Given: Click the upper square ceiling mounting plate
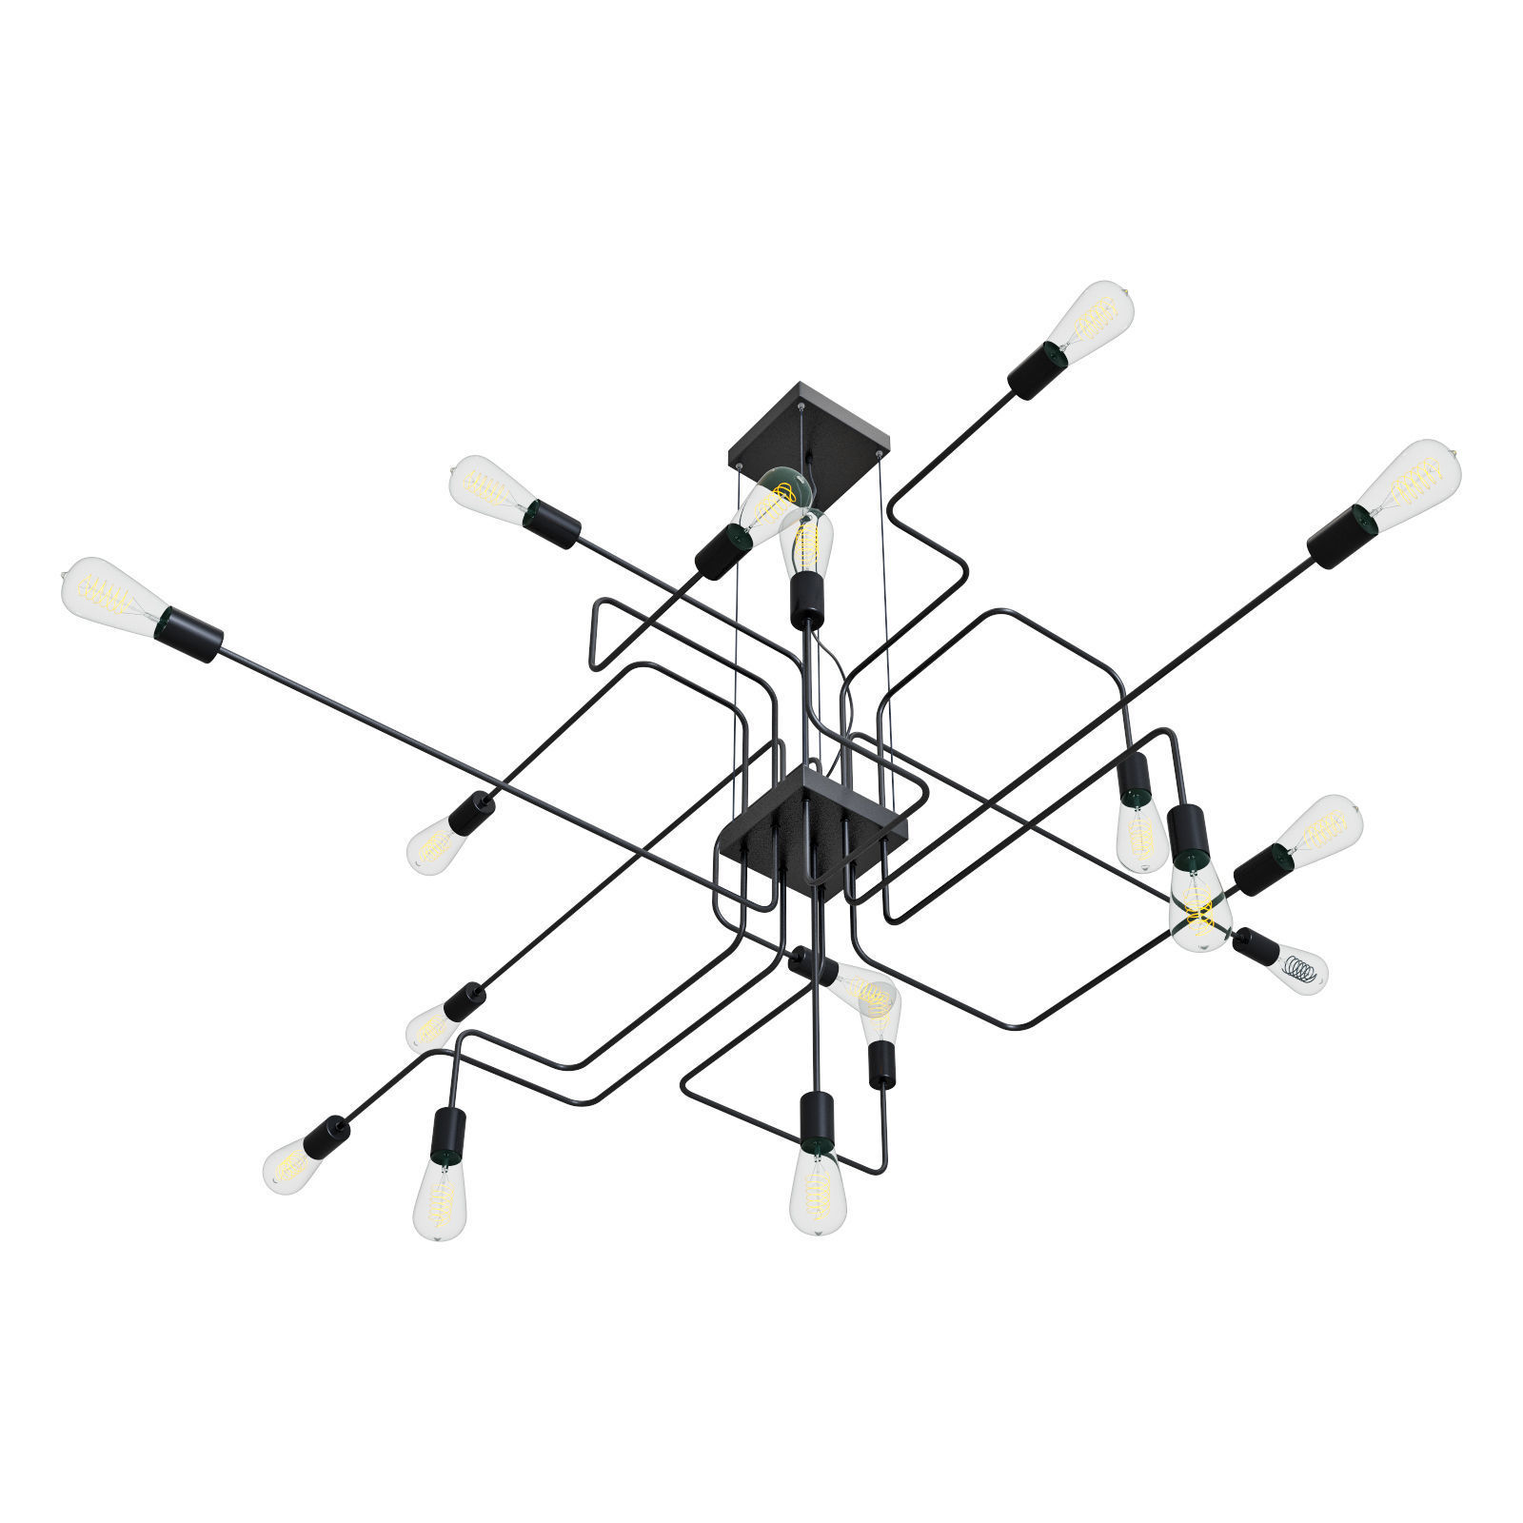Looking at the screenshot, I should click(809, 428).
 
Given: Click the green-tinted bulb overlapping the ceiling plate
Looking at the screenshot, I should click(776, 500).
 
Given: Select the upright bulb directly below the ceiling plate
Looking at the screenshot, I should click(806, 543).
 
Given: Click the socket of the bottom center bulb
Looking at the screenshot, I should click(817, 1118).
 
